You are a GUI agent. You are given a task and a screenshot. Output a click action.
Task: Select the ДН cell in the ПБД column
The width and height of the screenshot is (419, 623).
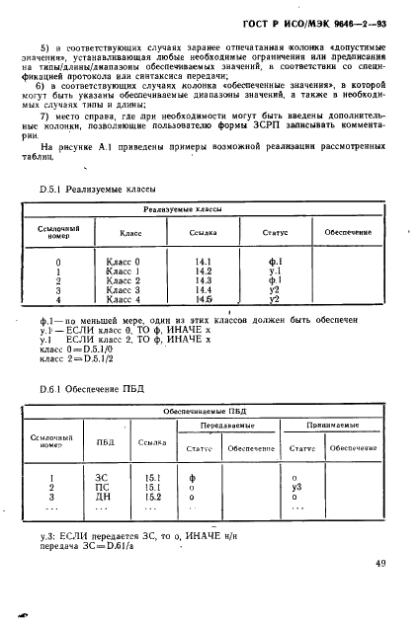coord(105,498)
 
